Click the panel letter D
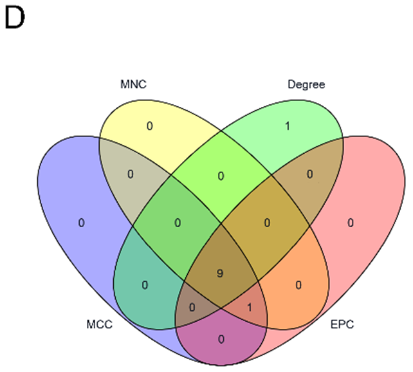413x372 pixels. coord(14,18)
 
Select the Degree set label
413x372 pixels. coord(306,84)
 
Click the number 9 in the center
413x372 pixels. coord(220,274)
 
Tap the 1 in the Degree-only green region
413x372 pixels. coord(288,126)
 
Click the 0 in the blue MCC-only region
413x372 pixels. coord(82,223)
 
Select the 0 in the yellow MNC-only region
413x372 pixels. coord(149,126)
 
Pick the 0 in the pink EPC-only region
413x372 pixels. coord(351,223)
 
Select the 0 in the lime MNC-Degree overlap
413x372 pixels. coord(220,176)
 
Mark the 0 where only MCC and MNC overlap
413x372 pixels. coord(131,174)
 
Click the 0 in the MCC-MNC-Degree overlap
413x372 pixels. coord(178,223)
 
